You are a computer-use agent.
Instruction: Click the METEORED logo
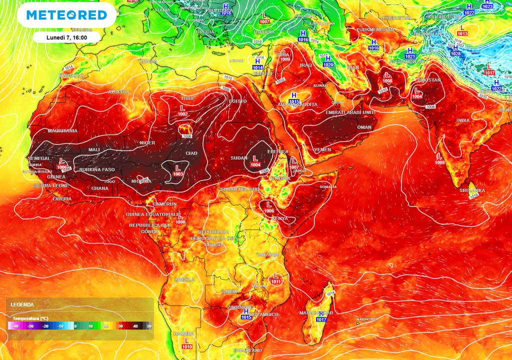[66, 15]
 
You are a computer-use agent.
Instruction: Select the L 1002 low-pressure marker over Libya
[182, 110]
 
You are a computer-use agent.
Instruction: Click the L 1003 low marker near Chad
[177, 170]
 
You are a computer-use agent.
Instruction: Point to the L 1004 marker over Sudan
[255, 161]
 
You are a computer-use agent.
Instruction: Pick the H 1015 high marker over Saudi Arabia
[293, 98]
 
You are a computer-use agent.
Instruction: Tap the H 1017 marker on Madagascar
[321, 315]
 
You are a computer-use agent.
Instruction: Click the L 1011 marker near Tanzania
[275, 278]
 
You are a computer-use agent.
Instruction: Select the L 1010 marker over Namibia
[186, 343]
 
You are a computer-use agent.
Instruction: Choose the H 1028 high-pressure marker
[455, 50]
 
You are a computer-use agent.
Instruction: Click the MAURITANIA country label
[62, 131]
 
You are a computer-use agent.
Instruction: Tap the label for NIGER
[147, 143]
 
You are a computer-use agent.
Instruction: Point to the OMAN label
[365, 127]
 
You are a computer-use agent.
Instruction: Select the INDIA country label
[463, 120]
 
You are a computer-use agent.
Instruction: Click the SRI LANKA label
[472, 190]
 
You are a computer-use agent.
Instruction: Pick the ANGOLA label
[184, 279]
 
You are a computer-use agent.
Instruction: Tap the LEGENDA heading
[22, 304]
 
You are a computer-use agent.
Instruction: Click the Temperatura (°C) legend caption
[30, 318]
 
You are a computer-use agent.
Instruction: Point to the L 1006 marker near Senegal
[62, 164]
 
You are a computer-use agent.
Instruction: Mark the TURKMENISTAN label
[375, 30]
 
